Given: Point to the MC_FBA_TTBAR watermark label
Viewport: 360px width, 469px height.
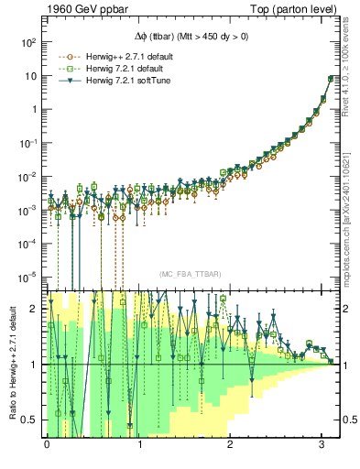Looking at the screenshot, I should click(x=191, y=274).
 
